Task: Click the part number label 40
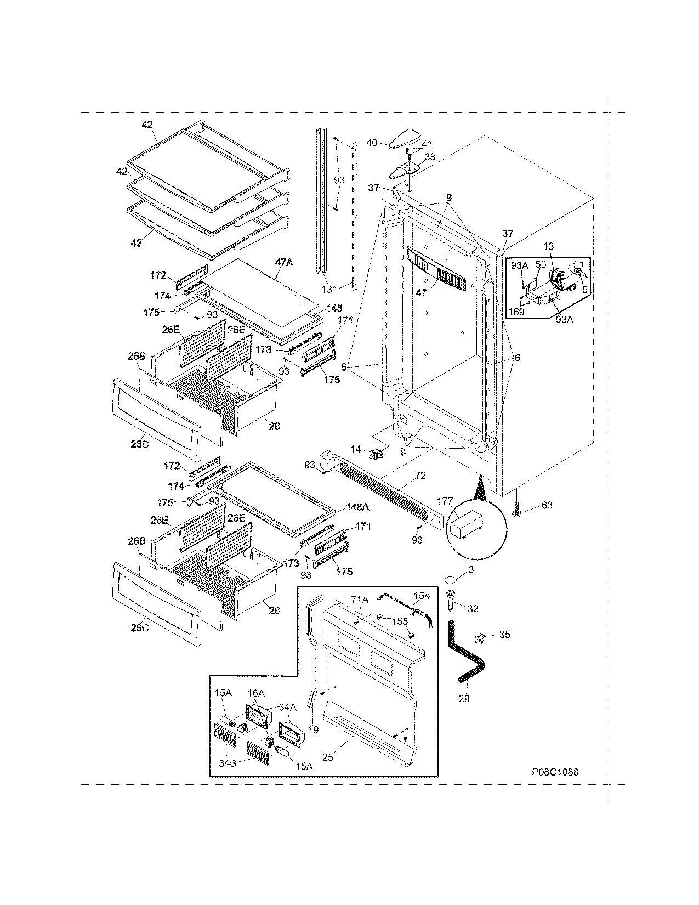pos(371,143)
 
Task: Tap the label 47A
pos(283,263)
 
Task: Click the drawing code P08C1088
pos(555,772)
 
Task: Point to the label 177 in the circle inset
pos(445,500)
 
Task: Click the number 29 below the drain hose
pos(464,699)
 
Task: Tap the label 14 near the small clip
pos(356,450)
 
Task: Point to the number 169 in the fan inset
pos(516,312)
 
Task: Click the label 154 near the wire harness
pos(422,595)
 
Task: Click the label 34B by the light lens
pos(228,763)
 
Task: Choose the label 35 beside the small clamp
pos(504,635)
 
